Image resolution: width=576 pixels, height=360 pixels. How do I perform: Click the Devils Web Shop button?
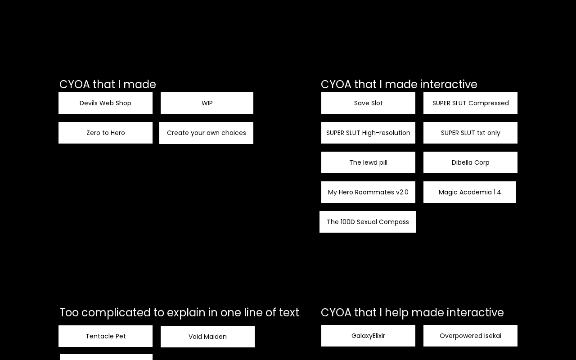(x=105, y=103)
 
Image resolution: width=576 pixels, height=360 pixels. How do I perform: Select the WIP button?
(x=207, y=103)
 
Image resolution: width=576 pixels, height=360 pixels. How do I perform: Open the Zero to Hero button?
(x=105, y=133)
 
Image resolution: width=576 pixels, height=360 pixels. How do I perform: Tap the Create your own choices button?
(x=206, y=133)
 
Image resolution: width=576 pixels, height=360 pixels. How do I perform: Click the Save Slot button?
(x=368, y=103)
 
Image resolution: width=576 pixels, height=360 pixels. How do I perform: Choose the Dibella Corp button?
(x=470, y=162)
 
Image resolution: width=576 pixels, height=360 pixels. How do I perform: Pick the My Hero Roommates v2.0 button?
(x=368, y=192)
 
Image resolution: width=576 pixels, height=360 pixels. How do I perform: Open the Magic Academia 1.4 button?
(x=470, y=192)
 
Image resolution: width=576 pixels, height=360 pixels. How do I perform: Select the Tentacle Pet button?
(x=105, y=336)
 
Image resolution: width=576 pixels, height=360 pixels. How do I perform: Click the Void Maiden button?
(x=207, y=337)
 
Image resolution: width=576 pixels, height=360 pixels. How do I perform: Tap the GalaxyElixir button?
(x=368, y=336)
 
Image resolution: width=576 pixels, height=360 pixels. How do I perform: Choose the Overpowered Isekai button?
(x=470, y=336)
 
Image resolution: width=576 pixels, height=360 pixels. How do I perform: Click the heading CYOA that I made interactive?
(x=399, y=85)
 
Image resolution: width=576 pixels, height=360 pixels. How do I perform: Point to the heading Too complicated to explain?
(x=179, y=313)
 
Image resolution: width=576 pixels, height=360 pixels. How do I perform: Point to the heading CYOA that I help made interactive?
(x=412, y=313)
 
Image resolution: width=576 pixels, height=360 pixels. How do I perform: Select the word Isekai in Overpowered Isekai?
(x=492, y=336)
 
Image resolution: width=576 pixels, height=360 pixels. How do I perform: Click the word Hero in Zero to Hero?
(x=117, y=133)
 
